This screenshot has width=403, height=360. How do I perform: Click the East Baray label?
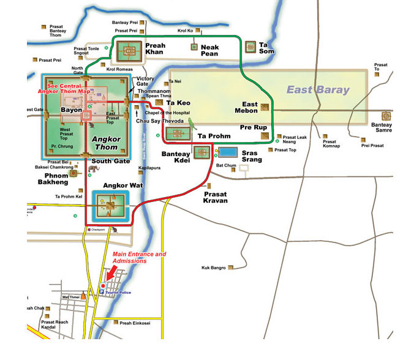pos(318,90)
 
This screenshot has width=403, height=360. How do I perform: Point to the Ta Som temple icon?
pos(250,47)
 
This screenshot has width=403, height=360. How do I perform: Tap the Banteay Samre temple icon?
pos(386,116)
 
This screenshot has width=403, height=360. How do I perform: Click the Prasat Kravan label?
pos(216,197)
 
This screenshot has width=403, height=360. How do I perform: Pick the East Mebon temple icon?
pos(265,107)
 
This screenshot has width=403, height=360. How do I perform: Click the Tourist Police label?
pos(120,293)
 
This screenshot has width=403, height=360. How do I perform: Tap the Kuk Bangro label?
pos(214,268)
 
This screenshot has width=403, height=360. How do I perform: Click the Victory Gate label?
pos(145,82)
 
